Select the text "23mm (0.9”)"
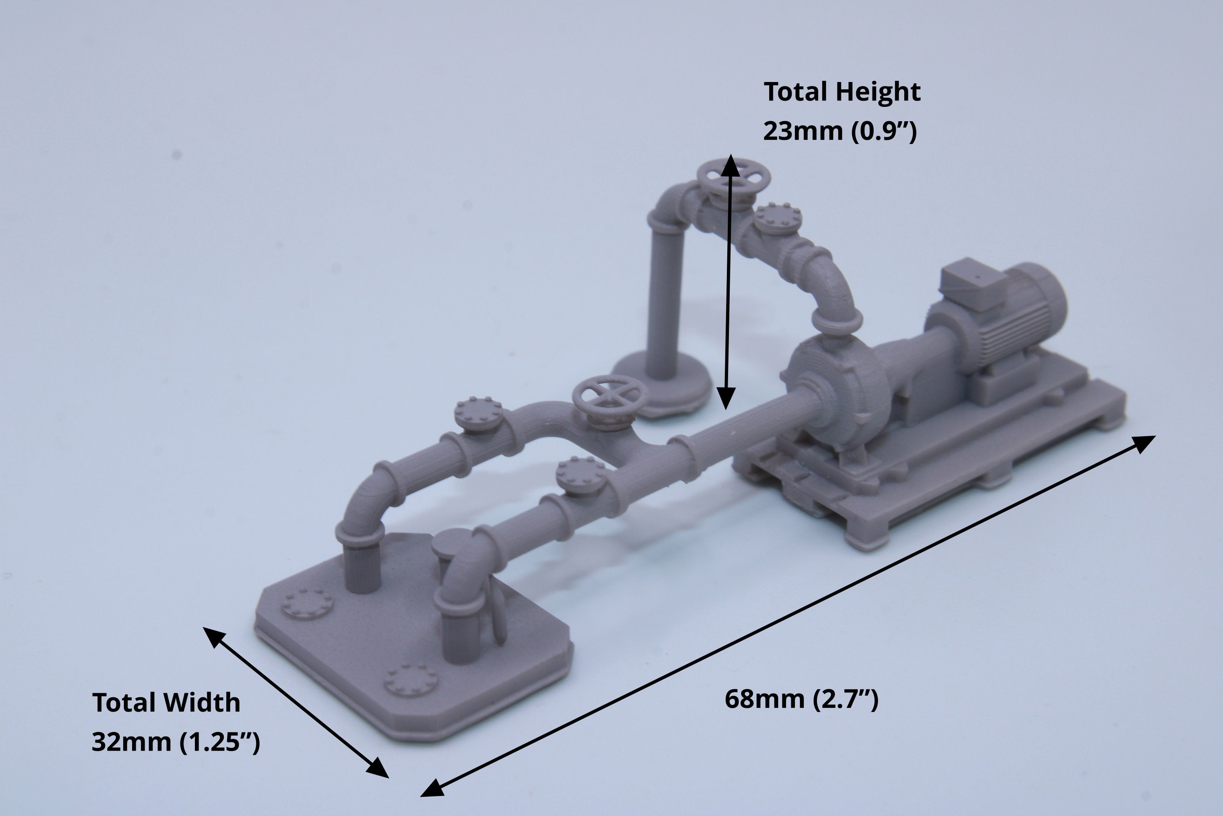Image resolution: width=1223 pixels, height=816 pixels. [840, 131]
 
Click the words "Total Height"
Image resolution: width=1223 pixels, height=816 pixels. [842, 91]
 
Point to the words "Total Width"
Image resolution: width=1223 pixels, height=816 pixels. [166, 703]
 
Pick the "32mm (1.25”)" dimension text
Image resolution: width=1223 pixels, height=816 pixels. [176, 742]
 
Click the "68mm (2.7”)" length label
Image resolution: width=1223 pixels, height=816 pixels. [801, 699]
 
